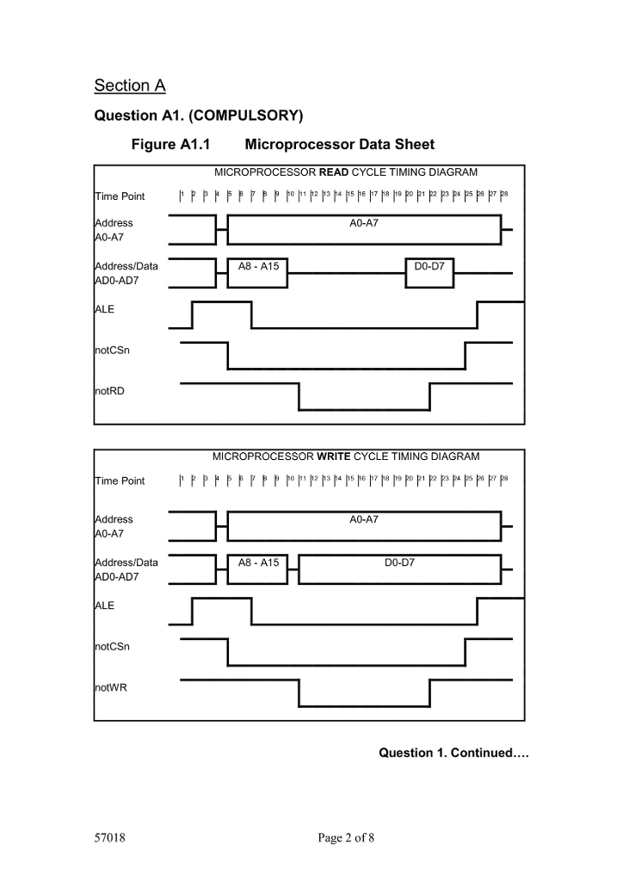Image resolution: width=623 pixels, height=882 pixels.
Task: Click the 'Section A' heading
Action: click(x=129, y=85)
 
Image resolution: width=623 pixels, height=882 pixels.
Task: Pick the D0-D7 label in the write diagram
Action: click(x=400, y=562)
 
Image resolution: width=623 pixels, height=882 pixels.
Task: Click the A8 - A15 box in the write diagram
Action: click(x=258, y=562)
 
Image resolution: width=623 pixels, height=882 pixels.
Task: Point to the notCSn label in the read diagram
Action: click(x=112, y=351)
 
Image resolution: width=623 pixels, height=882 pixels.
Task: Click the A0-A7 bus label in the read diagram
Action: click(x=364, y=223)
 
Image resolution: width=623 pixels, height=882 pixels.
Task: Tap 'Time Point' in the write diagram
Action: click(x=120, y=481)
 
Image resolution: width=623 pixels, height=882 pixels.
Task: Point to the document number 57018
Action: click(x=111, y=840)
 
